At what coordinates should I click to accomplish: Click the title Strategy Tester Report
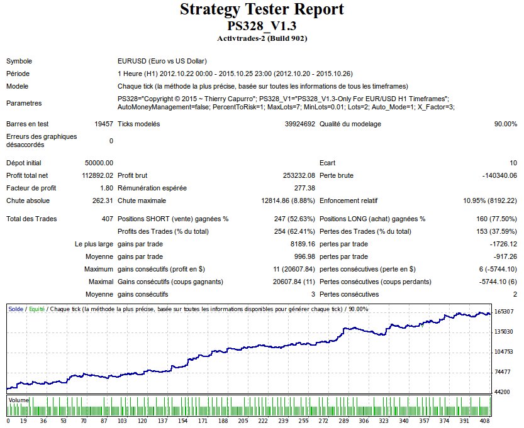click(x=262, y=10)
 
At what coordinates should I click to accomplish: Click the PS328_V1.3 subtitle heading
click(x=262, y=26)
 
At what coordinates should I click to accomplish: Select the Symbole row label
click(x=19, y=62)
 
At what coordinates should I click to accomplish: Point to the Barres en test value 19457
click(x=103, y=124)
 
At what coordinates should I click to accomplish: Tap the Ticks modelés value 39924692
click(x=296, y=124)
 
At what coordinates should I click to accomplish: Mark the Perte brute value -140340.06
click(x=499, y=176)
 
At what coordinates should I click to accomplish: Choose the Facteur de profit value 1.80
click(x=107, y=189)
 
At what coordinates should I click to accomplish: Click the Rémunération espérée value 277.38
click(x=304, y=189)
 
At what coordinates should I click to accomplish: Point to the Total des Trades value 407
click(x=108, y=219)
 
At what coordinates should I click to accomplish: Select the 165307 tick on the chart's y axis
click(x=504, y=312)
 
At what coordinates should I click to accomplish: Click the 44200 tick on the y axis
click(x=503, y=392)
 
